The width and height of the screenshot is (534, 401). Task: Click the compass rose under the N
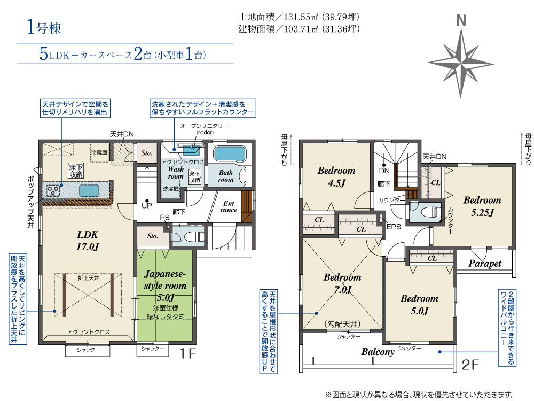click(x=461, y=64)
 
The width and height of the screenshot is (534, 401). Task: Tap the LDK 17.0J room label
click(x=88, y=241)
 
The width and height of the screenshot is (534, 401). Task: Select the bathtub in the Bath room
click(x=229, y=154)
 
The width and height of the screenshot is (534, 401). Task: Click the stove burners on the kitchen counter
click(x=52, y=190)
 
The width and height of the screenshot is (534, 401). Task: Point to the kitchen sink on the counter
click(x=89, y=190)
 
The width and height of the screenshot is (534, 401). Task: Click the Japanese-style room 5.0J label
click(x=165, y=286)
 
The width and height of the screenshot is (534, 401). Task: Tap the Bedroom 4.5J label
click(x=336, y=176)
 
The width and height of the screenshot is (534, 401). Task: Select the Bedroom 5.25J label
click(x=482, y=206)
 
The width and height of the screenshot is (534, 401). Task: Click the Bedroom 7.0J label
click(x=342, y=283)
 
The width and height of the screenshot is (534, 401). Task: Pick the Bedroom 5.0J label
click(x=419, y=305)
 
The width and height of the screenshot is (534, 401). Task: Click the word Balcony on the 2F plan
click(x=378, y=352)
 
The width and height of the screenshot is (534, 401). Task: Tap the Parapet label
click(x=485, y=263)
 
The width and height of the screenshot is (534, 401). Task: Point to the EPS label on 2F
click(x=394, y=226)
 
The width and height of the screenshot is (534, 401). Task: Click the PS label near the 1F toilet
click(x=164, y=218)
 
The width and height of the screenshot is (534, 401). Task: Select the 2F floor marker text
click(x=470, y=365)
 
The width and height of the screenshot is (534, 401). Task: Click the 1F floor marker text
click(x=187, y=353)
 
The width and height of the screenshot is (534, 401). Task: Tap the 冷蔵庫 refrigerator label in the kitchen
click(x=99, y=152)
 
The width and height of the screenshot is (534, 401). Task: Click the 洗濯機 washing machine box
click(x=170, y=189)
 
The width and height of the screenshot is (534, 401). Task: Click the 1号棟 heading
click(x=44, y=28)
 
